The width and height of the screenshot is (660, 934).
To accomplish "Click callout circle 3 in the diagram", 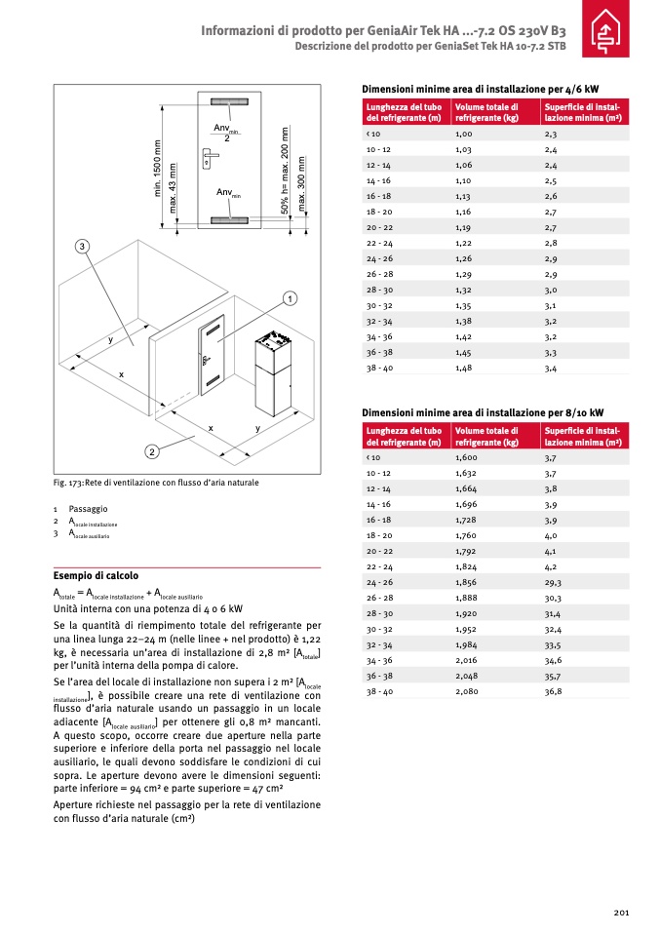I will pos(83,245).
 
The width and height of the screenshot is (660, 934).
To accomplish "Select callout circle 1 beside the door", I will pos(290,297).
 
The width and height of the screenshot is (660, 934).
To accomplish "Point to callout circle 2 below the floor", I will pos(152,450).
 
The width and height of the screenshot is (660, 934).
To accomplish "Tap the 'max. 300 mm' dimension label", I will pos(301,184).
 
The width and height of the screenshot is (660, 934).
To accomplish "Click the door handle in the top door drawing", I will pos(209,153).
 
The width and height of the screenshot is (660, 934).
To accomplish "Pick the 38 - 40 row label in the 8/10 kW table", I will pos(378,690).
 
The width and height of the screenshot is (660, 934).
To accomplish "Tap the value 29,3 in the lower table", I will pos(554,582).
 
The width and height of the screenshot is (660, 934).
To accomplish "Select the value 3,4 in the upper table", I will pos(551,369).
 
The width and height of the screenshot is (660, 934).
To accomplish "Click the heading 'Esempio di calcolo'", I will pos(96,575).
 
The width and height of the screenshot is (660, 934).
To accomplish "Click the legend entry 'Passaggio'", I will pos(88,509).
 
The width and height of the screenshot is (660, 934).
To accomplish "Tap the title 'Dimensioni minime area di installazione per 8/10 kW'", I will pos(483,412).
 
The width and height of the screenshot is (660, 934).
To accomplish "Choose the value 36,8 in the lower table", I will pos(554,690).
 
